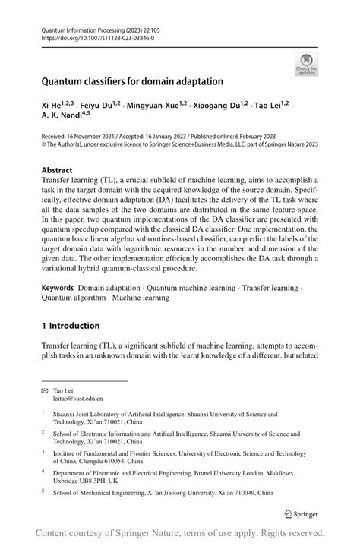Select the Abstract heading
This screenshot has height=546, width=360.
click(58, 170)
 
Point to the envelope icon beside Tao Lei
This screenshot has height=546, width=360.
click(45, 389)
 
